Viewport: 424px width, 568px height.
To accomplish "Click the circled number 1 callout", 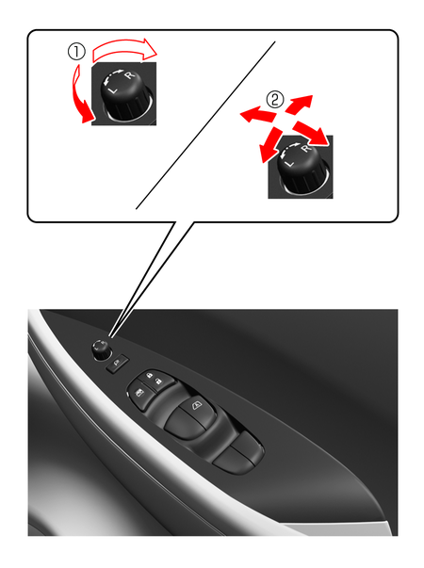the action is click(x=76, y=52).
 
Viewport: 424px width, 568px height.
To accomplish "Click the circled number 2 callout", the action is click(x=275, y=99).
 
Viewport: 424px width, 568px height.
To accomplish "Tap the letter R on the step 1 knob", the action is click(x=129, y=75).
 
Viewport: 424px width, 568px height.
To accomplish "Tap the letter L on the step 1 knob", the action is click(x=113, y=89).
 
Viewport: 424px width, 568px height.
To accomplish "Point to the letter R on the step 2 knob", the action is click(x=306, y=148).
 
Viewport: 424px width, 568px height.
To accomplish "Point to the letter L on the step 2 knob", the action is click(x=289, y=163).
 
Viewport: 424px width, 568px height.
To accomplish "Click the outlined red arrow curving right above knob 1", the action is click(x=123, y=49).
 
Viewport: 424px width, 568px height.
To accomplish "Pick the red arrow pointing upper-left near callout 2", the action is click(x=258, y=115).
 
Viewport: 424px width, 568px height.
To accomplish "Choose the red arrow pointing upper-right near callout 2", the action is click(x=299, y=104).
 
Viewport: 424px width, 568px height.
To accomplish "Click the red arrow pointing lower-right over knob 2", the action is click(x=311, y=133).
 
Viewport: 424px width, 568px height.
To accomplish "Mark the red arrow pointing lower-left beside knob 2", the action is click(x=270, y=144).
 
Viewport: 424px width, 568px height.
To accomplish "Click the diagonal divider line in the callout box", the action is click(x=205, y=125).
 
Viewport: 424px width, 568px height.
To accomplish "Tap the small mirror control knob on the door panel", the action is click(x=101, y=349).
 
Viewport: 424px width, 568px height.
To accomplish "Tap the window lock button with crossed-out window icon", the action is click(x=139, y=392).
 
